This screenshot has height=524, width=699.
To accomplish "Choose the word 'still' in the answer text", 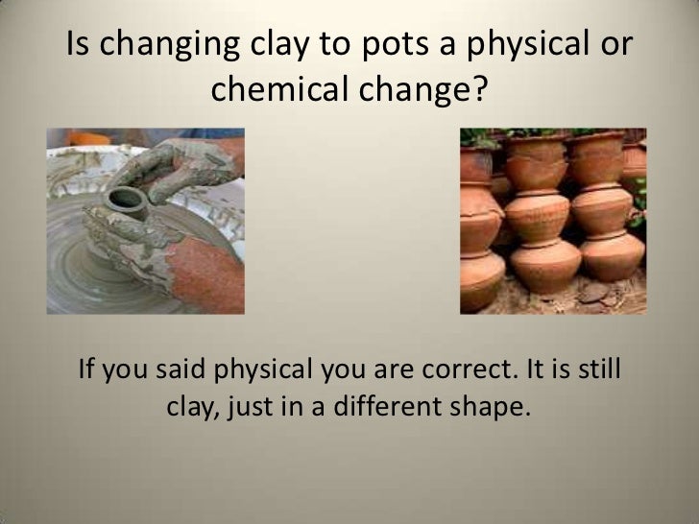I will pos(601,368).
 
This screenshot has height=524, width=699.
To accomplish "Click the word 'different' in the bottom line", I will pos(396,409).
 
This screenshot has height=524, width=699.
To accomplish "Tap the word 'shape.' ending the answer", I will pos(494,409).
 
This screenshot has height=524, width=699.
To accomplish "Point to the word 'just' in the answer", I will pos(275,409).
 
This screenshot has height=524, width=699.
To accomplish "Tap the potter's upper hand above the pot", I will pos(192,163).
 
